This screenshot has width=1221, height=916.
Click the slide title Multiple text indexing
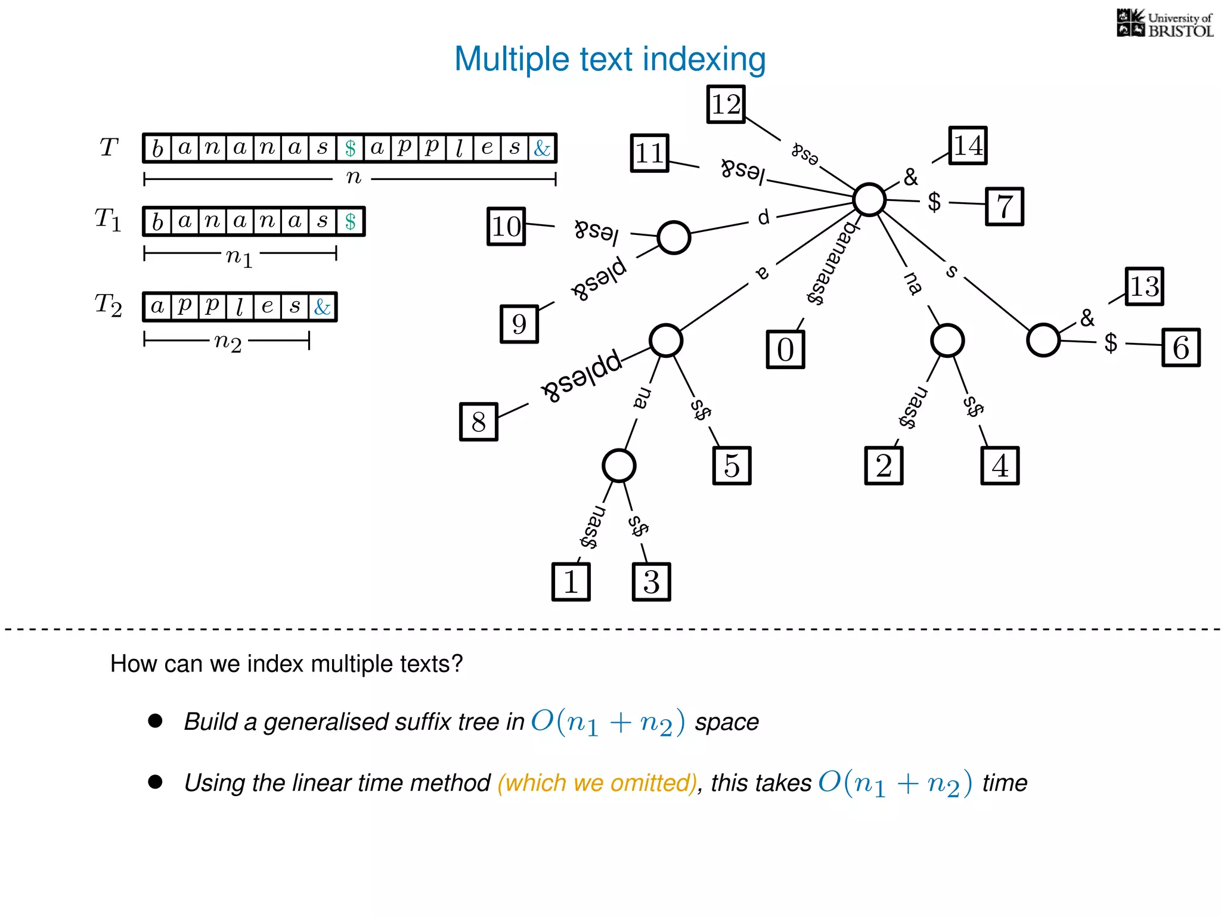[x=609, y=60]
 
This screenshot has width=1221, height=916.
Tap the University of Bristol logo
[x=1164, y=24]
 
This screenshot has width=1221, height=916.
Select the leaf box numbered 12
[x=726, y=104]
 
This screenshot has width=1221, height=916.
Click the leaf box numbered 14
[x=968, y=146]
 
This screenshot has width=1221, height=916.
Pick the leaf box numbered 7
[x=1004, y=206]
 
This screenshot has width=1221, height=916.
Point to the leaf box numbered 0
[x=785, y=349]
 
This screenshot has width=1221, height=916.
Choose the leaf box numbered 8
[x=478, y=422]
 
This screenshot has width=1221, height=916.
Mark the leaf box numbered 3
[x=651, y=581]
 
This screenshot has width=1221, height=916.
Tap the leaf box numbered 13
[x=1144, y=286]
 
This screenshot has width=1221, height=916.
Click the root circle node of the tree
[x=869, y=199]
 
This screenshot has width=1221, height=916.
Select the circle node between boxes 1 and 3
[x=618, y=466]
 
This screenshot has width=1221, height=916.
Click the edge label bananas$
[x=833, y=262]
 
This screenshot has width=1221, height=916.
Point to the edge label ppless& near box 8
[x=582, y=377]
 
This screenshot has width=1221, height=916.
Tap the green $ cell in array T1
[x=350, y=221]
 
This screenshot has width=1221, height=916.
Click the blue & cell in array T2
[x=323, y=307]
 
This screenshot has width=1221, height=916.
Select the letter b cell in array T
[x=157, y=148]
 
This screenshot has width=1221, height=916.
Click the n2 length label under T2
[x=228, y=342]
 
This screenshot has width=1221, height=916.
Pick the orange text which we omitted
[x=597, y=782]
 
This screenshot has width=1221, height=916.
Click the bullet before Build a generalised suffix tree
[x=155, y=721]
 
